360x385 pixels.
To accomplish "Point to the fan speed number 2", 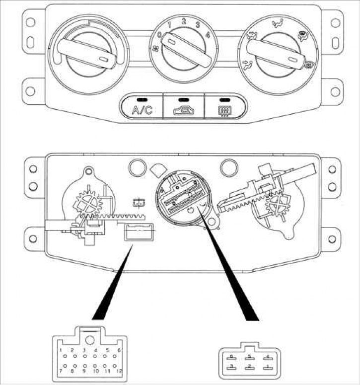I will tap(183, 21).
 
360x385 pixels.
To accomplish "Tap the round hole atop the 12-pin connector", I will tap(90, 340).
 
